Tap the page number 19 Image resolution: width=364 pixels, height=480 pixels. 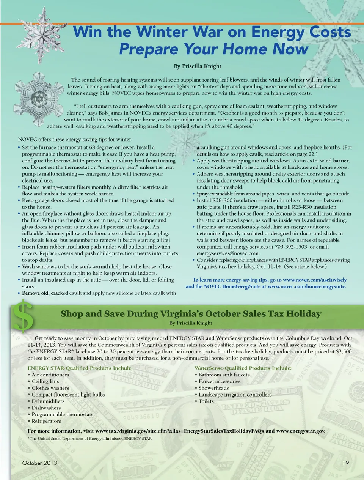345,463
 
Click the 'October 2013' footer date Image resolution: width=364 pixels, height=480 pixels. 40,463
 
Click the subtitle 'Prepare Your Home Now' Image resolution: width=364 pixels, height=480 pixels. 213,49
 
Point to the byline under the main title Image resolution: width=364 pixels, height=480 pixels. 198,66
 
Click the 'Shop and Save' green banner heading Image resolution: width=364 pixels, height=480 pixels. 191,314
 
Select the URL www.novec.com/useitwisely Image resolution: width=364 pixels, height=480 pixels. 315,280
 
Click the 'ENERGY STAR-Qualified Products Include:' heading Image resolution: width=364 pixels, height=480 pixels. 80,368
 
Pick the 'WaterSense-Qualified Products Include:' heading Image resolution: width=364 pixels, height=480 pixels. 243,368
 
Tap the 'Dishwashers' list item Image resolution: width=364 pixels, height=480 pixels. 46,408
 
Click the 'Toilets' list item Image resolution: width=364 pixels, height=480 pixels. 206,401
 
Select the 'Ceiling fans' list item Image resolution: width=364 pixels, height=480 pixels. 45,381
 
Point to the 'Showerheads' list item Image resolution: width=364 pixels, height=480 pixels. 214,388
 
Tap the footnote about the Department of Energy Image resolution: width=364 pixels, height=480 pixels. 90,439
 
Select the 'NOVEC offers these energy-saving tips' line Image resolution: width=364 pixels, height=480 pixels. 75,140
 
